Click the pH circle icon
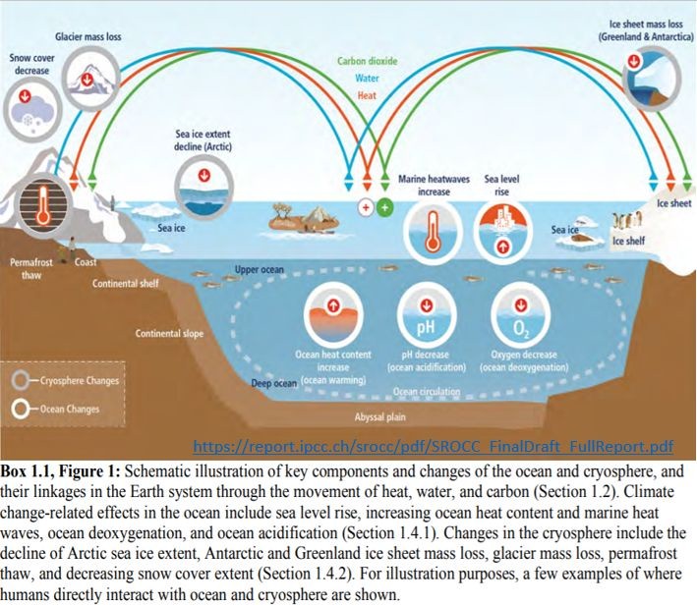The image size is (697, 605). click(x=427, y=317)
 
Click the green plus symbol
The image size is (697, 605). click(x=384, y=208)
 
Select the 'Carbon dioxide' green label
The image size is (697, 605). click(x=367, y=61)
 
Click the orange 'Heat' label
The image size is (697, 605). click(x=366, y=95)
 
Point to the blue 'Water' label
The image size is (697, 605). click(x=366, y=78)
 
